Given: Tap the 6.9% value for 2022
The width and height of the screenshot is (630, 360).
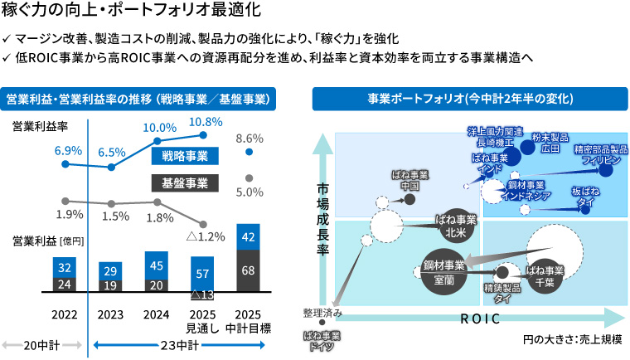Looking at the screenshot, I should point(68,150).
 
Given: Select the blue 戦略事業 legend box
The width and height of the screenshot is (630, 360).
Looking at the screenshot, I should point(185,156).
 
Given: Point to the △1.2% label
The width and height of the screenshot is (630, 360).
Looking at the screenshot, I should point(207,236).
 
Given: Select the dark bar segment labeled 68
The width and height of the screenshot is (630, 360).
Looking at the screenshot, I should point(248,270).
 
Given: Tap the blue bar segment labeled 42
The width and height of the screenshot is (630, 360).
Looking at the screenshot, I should point(248,236).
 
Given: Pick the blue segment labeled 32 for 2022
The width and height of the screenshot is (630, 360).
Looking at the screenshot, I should point(65,267).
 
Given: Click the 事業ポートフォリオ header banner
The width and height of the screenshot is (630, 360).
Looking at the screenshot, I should point(469,99).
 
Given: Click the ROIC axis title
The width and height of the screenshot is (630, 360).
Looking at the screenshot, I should point(480,318).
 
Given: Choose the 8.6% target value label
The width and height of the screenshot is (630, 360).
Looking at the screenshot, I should point(250,138).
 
